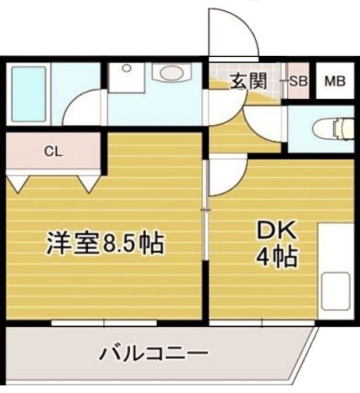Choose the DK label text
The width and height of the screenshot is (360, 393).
[276, 232]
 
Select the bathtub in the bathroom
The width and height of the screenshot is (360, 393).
[29, 95]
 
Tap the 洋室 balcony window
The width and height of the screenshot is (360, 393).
[104, 322]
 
